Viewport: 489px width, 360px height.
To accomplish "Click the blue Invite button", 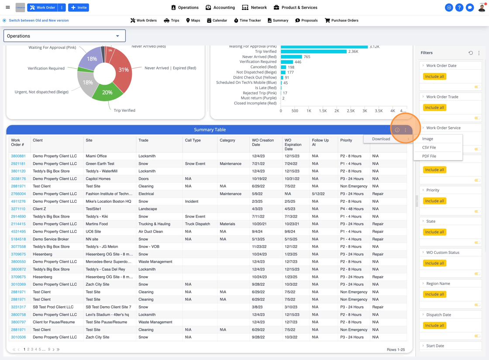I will [79, 7].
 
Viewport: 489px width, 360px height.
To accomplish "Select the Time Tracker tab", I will [248, 21].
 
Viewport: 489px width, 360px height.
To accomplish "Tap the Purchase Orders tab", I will [341, 21].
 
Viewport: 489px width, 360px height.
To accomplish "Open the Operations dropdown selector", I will [65, 36].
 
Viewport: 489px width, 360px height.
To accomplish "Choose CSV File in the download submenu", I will [429, 147].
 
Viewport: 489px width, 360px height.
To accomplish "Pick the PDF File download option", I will [429, 156].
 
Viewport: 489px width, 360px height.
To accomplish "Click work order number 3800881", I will [18, 156].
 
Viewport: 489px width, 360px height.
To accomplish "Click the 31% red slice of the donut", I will [124, 70].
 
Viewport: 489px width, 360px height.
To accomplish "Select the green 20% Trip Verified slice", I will [107, 92].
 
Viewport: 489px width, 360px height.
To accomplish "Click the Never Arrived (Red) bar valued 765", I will [291, 57].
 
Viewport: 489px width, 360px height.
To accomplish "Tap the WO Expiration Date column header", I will [293, 145].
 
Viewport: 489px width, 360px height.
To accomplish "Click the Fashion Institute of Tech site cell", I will [109, 194].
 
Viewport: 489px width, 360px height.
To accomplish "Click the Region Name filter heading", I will [438, 284].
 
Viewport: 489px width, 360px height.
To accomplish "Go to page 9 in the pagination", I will [49, 350].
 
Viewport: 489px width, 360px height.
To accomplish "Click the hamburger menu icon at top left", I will [8, 7].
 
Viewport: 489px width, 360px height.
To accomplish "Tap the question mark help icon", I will [459, 7].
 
